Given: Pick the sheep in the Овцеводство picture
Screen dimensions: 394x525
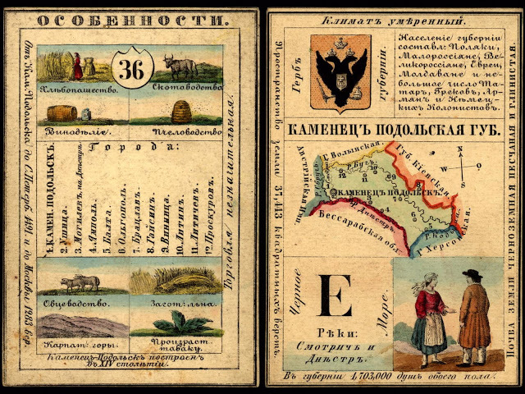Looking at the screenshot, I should [x=80, y=282].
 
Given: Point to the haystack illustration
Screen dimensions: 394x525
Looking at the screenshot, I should [x=173, y=282].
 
